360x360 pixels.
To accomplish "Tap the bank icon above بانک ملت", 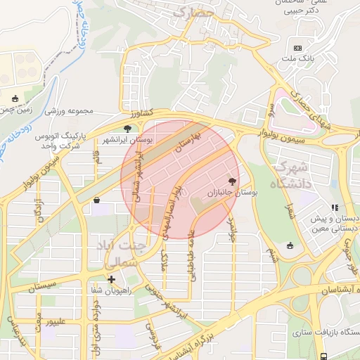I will coord(298,48).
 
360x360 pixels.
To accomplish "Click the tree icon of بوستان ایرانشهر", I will coord(127,129).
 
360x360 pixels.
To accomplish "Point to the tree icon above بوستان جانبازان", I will coord(233,181).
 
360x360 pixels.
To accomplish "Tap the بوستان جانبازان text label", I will coord(234,191).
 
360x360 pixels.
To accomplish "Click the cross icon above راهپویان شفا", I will coord(111,279).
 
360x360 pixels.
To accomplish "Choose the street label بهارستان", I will coord(188,143).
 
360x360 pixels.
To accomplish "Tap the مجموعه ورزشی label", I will coord(70,111).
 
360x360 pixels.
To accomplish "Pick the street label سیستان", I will coord(47,287).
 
